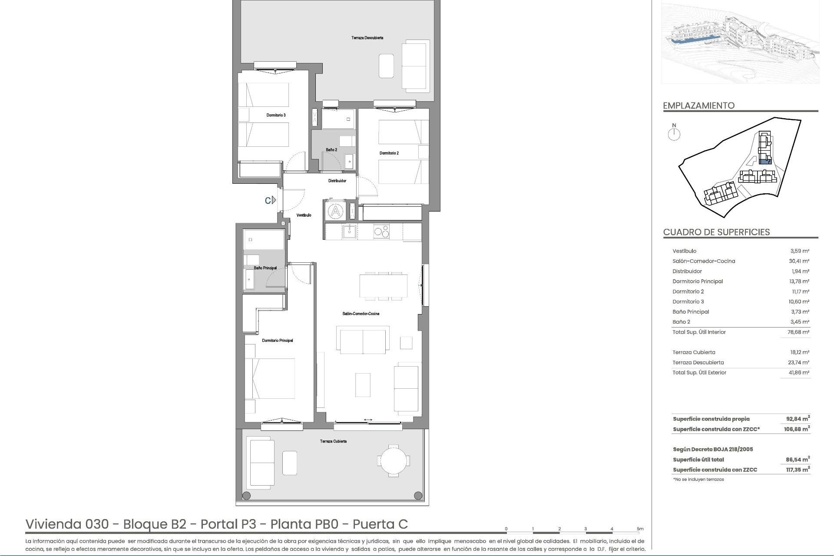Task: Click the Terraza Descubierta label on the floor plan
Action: tap(367, 38)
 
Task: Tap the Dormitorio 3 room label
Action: tap(276, 115)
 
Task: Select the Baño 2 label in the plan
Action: tap(331, 150)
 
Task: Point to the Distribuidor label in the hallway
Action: tap(337, 181)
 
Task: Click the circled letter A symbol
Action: tap(335, 212)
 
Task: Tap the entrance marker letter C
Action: tap(268, 200)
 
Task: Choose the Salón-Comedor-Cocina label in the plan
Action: tap(361, 314)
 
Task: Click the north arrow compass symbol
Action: tap(674, 134)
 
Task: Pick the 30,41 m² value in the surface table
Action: tap(800, 261)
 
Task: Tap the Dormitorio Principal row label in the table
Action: tap(698, 281)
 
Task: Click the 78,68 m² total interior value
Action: tap(800, 332)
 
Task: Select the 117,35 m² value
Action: tap(798, 470)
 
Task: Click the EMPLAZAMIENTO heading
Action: tap(699, 106)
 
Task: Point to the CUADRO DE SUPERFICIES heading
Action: tap(716, 232)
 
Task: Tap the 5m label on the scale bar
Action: tap(640, 529)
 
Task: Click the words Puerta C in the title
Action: tap(380, 524)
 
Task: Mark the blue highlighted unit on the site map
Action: tap(764, 162)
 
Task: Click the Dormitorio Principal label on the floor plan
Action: tap(278, 341)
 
